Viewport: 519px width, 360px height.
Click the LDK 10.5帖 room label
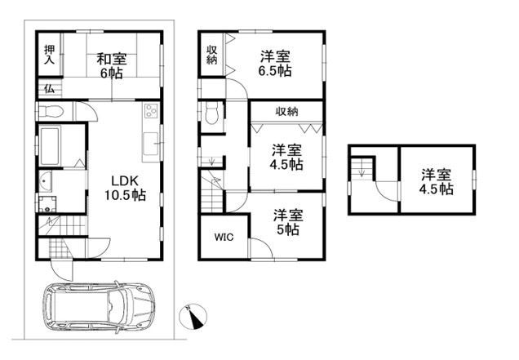point(125,188)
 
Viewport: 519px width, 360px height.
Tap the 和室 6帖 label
point(112,66)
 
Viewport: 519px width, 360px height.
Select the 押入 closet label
point(50,55)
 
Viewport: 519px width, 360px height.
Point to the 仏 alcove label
point(50,88)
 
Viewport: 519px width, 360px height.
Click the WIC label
point(224,237)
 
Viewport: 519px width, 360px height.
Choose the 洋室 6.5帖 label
point(275,63)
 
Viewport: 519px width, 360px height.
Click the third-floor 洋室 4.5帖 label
point(437,182)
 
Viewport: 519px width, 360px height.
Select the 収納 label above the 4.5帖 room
point(287,112)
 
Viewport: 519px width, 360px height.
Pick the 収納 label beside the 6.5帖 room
point(212,55)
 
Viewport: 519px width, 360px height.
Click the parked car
point(99,305)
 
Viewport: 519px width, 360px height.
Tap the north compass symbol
point(193,316)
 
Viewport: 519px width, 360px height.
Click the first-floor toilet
point(51,112)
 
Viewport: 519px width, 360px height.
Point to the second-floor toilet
point(212,114)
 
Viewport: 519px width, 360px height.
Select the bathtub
point(50,147)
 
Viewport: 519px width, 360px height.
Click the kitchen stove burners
point(151,111)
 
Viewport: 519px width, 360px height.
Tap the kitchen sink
point(151,144)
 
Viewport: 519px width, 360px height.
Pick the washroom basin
point(46,181)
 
